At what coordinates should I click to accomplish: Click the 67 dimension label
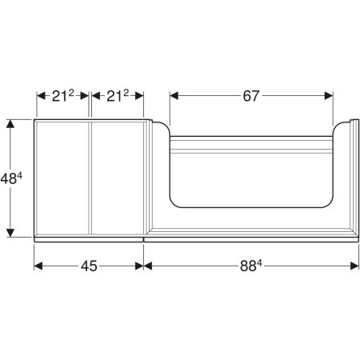(x=251, y=96)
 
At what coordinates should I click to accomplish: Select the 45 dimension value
(x=89, y=266)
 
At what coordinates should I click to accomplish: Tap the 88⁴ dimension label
(x=251, y=266)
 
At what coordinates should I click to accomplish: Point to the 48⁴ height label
(x=11, y=178)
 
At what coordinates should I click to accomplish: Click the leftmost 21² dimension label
(x=62, y=96)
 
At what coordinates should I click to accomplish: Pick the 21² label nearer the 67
(x=118, y=96)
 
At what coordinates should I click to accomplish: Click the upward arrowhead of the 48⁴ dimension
(x=10, y=124)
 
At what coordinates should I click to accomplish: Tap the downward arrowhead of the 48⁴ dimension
(x=10, y=233)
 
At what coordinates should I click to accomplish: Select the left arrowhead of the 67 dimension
(x=174, y=96)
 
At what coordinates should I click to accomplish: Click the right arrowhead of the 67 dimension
(x=329, y=96)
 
